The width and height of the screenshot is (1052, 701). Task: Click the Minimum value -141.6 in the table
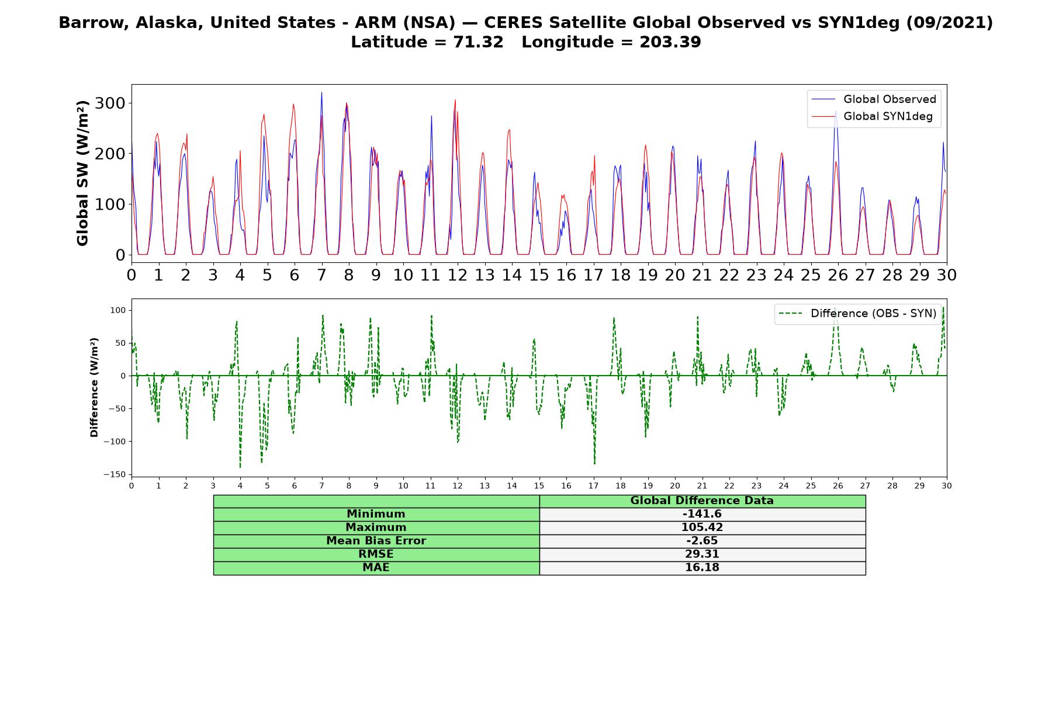pos(702,514)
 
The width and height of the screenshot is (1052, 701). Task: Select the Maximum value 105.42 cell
pos(702,528)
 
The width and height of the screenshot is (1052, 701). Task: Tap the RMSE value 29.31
pos(702,554)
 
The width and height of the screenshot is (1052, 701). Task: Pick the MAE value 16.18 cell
pos(702,568)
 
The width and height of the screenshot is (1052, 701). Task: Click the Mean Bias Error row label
pos(376,541)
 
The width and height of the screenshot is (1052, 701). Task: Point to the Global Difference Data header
pos(702,501)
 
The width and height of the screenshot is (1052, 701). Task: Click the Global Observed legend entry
pos(874,99)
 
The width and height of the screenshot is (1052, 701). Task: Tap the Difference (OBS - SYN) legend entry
pos(858,314)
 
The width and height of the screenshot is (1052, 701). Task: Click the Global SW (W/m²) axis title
pos(82,173)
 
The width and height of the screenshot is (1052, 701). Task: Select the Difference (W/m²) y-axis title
pos(94,387)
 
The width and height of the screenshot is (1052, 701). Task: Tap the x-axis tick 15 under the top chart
pos(539,275)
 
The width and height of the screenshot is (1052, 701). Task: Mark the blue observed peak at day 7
pos(321,92)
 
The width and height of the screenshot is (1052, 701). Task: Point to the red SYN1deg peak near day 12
pos(455,100)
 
